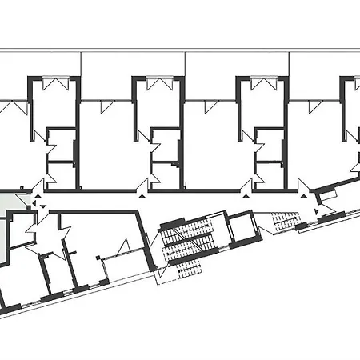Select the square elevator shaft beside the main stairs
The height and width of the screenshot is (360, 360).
(x=240, y=230)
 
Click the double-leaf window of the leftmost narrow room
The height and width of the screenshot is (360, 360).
(x=54, y=84)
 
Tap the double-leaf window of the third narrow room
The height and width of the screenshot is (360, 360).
(x=261, y=84)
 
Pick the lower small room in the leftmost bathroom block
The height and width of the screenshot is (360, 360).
(x=61, y=171)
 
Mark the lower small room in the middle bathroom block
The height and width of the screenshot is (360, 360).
(x=165, y=171)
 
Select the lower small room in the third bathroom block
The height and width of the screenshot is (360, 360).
(x=269, y=171)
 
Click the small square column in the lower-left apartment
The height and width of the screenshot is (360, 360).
(x=98, y=258)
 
